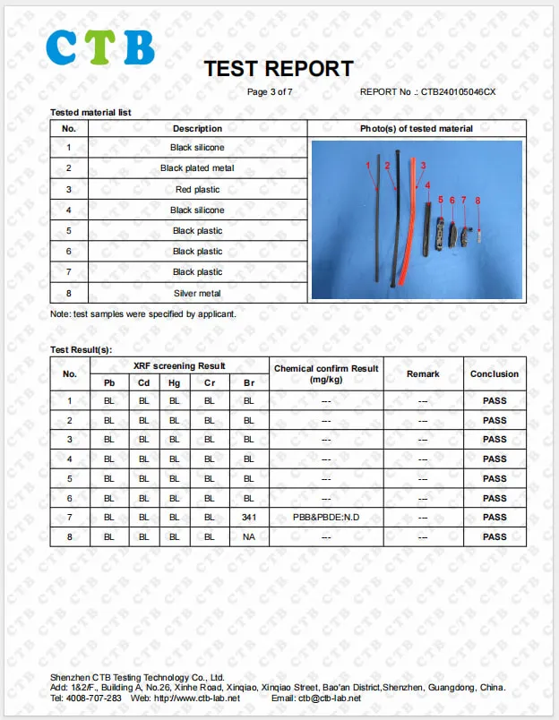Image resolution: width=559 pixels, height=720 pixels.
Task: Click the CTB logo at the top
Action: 100,47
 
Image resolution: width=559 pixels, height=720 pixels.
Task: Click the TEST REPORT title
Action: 278,69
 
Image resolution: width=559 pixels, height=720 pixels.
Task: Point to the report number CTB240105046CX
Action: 457,91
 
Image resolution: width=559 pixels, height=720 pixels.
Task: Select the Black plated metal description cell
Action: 197,168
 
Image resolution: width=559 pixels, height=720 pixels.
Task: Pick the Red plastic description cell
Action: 197,190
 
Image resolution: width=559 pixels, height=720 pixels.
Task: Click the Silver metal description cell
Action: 197,294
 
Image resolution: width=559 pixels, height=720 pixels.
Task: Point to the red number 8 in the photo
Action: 478,201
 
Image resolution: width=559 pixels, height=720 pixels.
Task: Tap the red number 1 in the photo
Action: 368,166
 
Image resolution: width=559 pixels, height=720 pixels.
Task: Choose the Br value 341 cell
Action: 249,518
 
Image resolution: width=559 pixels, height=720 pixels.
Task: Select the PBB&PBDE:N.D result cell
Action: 326,518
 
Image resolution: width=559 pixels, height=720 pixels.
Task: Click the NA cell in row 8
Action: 249,537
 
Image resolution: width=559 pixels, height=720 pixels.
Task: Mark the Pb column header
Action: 109,383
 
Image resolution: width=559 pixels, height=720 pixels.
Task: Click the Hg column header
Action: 175,383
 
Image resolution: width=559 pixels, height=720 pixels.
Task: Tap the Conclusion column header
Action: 494,373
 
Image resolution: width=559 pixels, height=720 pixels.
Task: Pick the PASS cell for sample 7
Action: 494,518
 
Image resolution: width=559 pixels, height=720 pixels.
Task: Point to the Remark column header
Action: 423,373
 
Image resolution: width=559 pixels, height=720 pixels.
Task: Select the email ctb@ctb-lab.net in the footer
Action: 329,699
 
